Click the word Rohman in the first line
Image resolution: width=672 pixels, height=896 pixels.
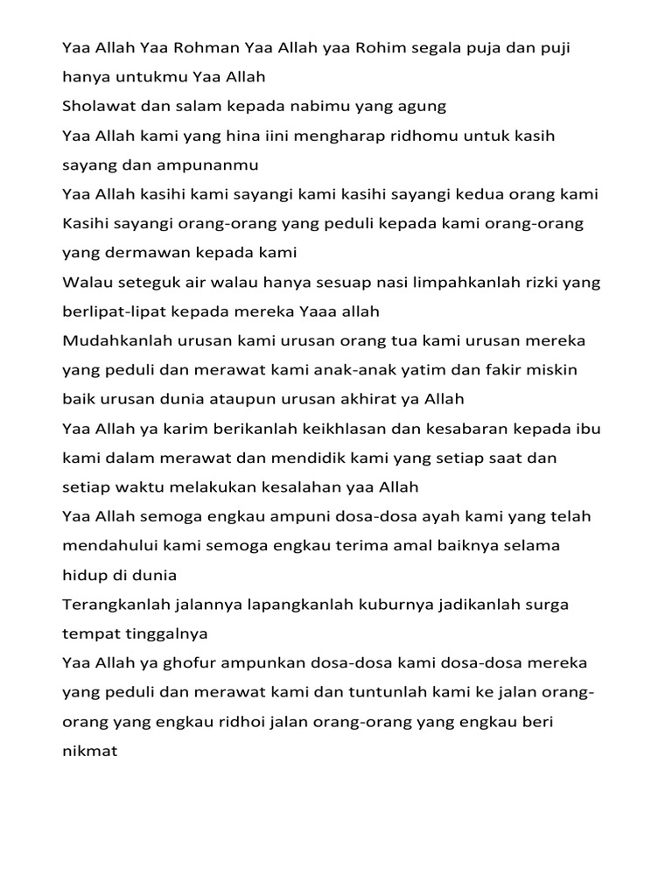pyautogui.click(x=200, y=47)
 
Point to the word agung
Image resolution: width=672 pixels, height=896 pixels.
pyautogui.click(x=423, y=107)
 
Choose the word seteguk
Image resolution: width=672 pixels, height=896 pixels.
pyautogui.click(x=144, y=282)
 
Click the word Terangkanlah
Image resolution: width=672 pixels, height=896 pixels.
pyautogui.click(x=115, y=605)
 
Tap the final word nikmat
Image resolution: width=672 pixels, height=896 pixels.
pyautogui.click(x=90, y=752)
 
